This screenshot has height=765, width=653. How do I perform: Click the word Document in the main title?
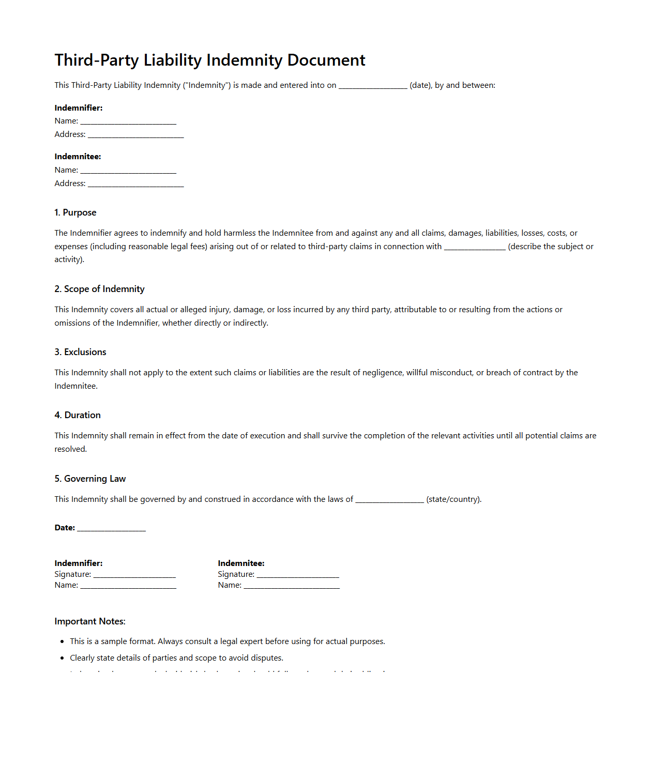click(326, 60)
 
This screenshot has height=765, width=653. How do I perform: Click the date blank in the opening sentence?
click(373, 86)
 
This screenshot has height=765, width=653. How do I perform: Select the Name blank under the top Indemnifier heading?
click(128, 121)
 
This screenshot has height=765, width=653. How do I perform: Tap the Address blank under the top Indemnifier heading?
click(135, 135)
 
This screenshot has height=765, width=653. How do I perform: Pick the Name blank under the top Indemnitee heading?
click(128, 171)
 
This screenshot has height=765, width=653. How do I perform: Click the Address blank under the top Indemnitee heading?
click(135, 184)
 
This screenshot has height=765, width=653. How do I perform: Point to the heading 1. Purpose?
click(75, 212)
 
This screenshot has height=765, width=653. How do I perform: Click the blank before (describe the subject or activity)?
click(475, 247)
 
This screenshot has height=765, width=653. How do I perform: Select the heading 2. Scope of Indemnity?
click(99, 289)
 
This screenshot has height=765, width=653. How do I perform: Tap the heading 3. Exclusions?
click(80, 352)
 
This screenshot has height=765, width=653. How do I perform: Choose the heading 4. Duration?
click(78, 415)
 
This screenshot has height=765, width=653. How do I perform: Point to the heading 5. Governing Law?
click(90, 479)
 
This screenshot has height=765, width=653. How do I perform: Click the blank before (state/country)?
click(389, 500)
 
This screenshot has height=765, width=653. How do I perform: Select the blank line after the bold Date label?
click(111, 528)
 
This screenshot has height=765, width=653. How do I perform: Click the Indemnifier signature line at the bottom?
click(134, 575)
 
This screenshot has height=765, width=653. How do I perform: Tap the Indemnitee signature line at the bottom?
click(298, 575)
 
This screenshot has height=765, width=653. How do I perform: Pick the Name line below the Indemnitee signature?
click(292, 586)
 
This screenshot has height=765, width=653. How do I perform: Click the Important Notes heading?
click(90, 621)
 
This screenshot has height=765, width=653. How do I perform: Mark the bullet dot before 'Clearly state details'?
click(62, 658)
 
